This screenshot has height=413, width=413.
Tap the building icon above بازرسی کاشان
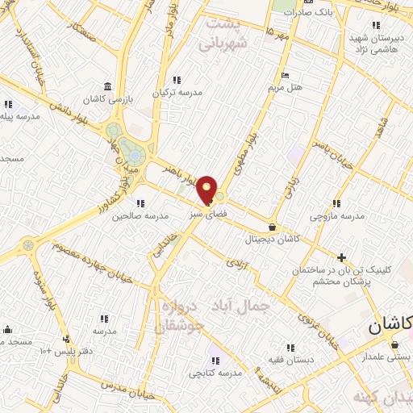[109, 87]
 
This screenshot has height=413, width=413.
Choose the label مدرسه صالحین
[140, 216]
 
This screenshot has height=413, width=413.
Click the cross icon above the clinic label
[342, 257]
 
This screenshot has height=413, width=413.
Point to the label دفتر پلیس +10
[62, 352]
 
